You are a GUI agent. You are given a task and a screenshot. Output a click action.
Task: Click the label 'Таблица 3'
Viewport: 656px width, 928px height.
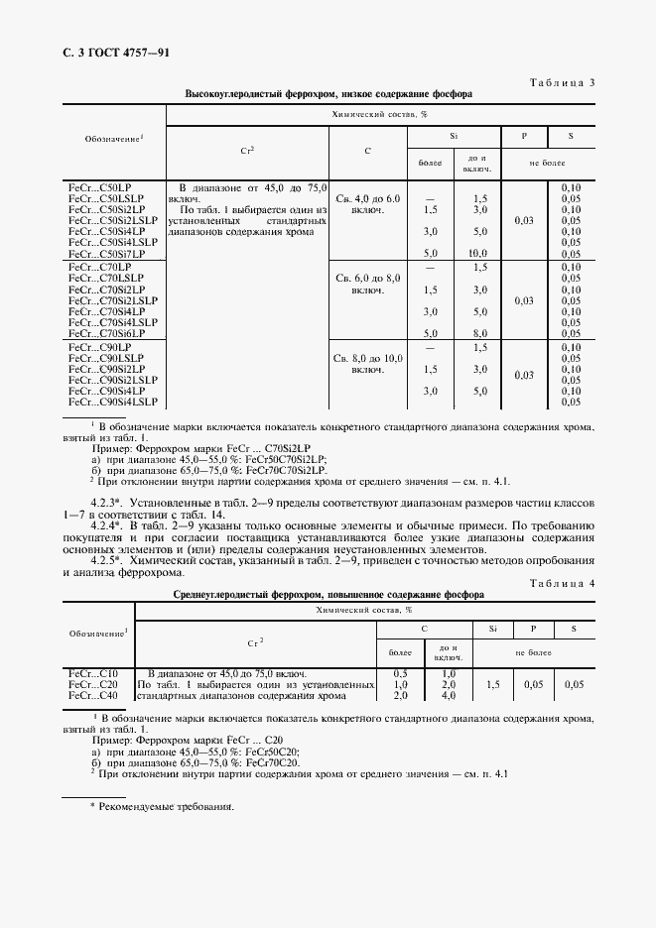561,82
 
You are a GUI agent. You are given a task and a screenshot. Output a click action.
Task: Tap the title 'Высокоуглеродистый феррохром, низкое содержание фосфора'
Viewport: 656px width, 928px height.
328,94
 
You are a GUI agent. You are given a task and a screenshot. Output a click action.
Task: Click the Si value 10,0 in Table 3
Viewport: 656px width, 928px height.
479,254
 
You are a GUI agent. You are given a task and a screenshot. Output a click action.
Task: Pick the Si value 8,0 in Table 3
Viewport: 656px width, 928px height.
479,334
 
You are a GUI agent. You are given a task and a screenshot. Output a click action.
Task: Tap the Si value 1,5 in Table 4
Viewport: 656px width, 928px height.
492,684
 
